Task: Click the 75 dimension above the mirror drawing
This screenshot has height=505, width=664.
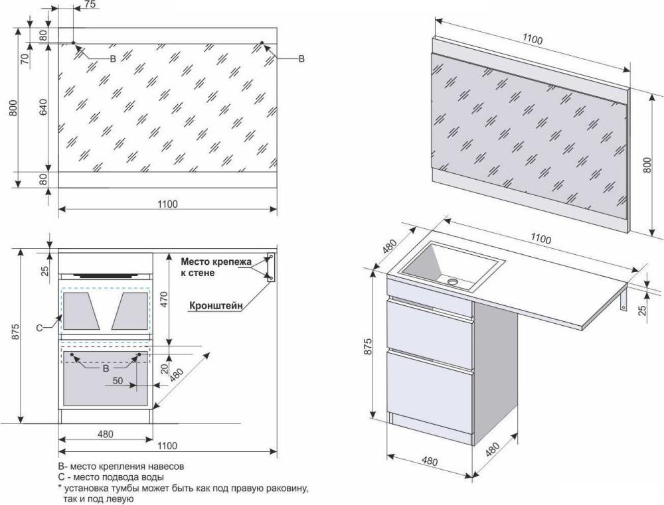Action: coord(90,4)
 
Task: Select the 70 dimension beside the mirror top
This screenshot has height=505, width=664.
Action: coord(25,58)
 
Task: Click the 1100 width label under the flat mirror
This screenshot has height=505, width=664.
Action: coord(168,204)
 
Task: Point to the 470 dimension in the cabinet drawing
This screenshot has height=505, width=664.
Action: coord(164,299)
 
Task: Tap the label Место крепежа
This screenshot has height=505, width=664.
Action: coord(216,261)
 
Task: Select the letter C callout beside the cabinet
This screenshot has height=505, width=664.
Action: coord(39,328)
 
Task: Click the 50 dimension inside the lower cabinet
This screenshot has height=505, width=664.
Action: coord(118,381)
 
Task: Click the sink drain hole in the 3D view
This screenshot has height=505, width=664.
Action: coord(453,281)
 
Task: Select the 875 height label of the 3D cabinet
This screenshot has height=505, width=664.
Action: coord(368,346)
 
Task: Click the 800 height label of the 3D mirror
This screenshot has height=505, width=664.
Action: coord(647,165)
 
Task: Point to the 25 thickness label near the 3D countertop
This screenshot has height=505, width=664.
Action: coord(642,311)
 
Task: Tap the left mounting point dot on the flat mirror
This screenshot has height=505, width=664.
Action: coord(73,42)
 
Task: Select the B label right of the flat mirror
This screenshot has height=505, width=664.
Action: coord(301,58)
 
